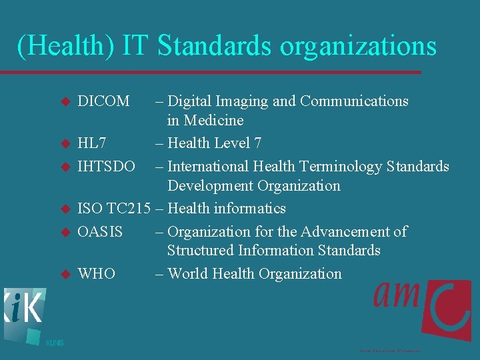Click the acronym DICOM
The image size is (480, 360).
(103, 101)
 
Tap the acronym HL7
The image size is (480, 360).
(92, 143)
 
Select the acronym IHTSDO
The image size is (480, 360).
(107, 166)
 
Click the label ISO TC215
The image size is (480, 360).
(114, 209)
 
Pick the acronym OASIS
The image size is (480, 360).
(100, 231)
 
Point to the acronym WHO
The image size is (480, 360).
(96, 274)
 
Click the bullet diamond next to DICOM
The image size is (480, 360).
(65, 102)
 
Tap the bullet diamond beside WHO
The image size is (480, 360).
(65, 274)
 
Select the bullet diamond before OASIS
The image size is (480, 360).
(65, 232)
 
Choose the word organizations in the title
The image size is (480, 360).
(358, 46)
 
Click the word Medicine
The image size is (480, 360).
(214, 121)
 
